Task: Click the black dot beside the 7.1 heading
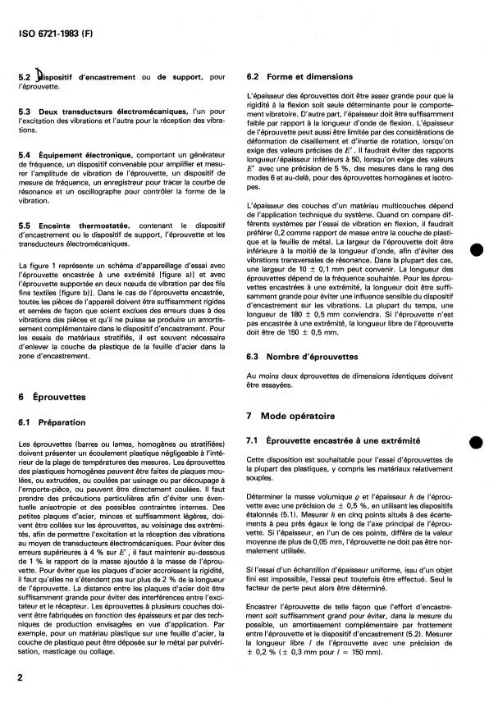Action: coord(475,442)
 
